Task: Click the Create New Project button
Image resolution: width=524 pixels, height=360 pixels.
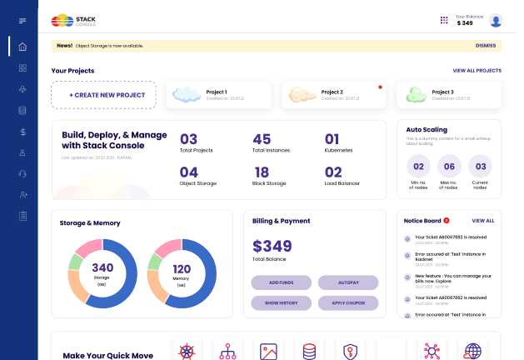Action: pyautogui.click(x=103, y=95)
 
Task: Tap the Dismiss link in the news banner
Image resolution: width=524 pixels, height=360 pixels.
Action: pyautogui.click(x=485, y=46)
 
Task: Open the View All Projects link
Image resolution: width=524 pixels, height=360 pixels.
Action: pyautogui.click(x=477, y=71)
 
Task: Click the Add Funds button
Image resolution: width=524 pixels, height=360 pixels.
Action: pyautogui.click(x=281, y=282)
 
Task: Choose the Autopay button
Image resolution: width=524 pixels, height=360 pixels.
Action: pyautogui.click(x=347, y=282)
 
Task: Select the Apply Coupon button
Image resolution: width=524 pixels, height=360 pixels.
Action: pyautogui.click(x=347, y=303)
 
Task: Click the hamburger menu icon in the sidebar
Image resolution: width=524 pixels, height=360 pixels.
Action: pyautogui.click(x=22, y=20)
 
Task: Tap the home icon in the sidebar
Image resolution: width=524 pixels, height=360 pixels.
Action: pyautogui.click(x=22, y=47)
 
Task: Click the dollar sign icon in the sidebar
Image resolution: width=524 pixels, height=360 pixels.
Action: pyautogui.click(x=22, y=132)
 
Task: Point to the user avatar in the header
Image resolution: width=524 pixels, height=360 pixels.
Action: pyautogui.click(x=496, y=21)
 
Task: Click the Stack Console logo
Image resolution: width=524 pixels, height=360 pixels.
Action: pyautogui.click(x=73, y=20)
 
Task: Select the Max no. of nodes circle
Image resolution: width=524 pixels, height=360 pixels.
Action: pyautogui.click(x=449, y=166)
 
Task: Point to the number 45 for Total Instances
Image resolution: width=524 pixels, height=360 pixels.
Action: pyautogui.click(x=262, y=140)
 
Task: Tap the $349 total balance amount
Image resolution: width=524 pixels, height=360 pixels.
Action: pyautogui.click(x=272, y=246)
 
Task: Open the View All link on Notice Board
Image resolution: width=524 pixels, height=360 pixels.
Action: pyautogui.click(x=483, y=221)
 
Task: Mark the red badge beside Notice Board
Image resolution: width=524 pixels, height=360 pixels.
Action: pyautogui.click(x=447, y=221)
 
